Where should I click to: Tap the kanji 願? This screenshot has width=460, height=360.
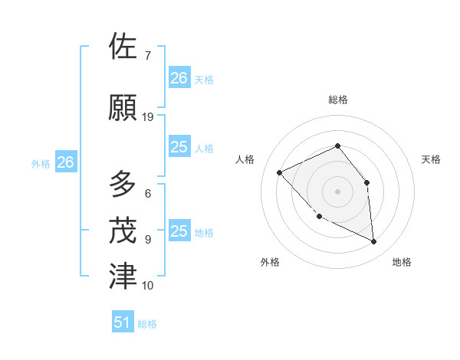[123, 107]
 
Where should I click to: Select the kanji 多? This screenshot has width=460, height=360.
[123, 185]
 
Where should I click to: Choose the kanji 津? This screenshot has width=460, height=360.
[123, 276]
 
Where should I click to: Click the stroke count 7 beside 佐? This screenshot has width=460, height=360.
[147, 56]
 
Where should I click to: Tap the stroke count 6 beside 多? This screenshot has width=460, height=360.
[147, 194]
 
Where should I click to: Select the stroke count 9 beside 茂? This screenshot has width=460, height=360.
[147, 240]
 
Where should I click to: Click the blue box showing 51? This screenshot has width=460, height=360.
[123, 322]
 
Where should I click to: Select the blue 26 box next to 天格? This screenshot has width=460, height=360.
[179, 77]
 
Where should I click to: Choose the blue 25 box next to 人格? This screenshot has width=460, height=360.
[179, 147]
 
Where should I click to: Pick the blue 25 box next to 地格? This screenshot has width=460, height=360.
[179, 231]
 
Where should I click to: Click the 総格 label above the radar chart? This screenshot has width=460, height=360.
[337, 100]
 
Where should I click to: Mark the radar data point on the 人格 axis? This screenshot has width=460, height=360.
[280, 172]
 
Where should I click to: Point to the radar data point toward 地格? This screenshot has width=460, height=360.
[373, 241]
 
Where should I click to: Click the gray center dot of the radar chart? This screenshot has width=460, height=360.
[337, 191]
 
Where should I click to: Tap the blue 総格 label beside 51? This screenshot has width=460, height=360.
[147, 324]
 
